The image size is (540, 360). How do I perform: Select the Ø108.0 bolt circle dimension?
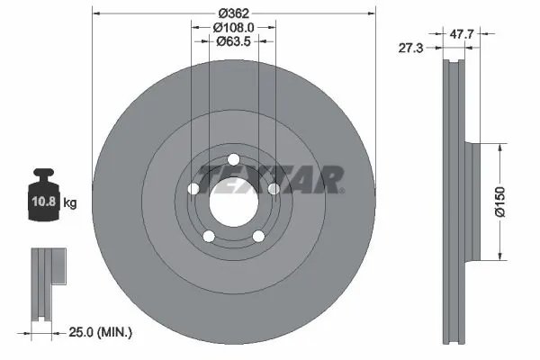pos(234,27)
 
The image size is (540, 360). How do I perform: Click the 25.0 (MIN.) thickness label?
pos(100,333)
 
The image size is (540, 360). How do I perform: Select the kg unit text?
pos(70,203)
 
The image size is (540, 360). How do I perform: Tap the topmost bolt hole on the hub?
pos(233,161)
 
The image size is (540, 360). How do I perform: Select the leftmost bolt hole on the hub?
pos(193,189)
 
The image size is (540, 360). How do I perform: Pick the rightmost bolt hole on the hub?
pos(274,189)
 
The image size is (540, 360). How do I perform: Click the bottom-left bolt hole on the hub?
pos(209,236)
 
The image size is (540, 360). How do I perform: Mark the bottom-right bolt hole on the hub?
pos(258,236)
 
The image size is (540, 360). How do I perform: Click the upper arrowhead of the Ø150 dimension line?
pos(495,145)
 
